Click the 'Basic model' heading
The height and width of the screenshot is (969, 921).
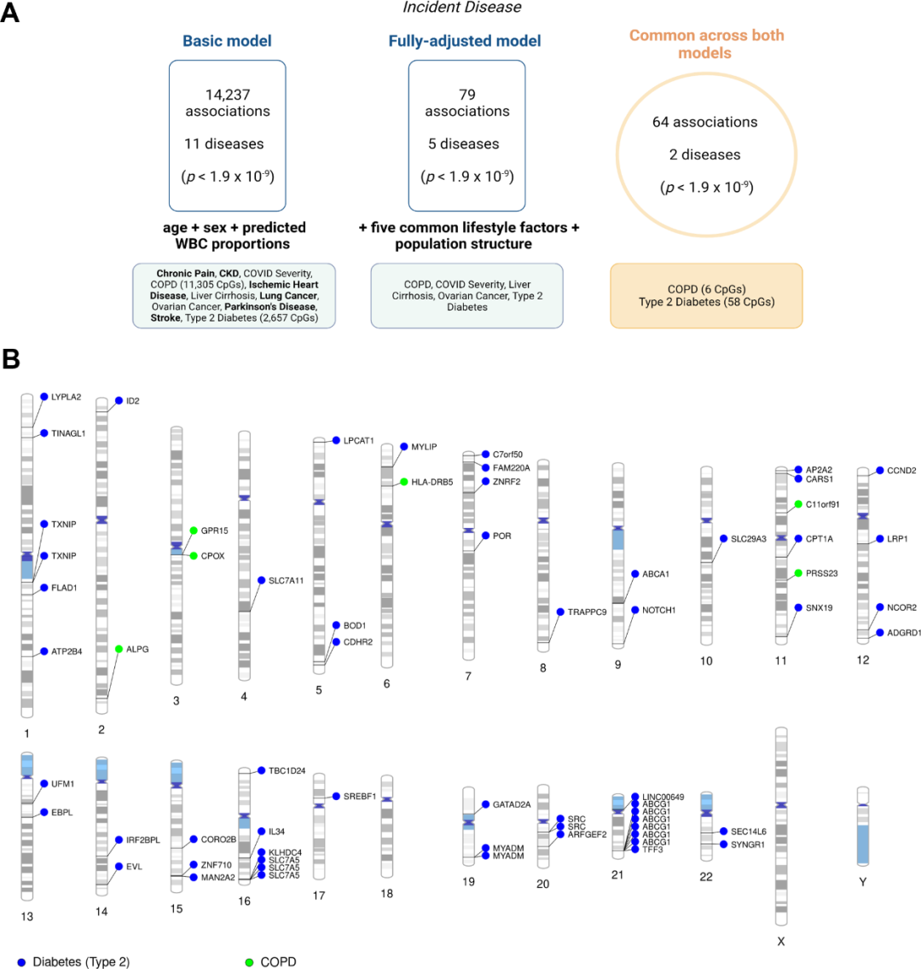[x=227, y=41]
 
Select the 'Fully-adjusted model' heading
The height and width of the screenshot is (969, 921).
[x=465, y=41]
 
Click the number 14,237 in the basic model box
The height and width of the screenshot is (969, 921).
[x=228, y=95]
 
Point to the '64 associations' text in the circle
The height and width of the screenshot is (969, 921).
[x=704, y=122]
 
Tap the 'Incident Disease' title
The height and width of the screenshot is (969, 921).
[x=462, y=8]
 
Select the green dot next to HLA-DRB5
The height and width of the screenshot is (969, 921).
[x=404, y=482]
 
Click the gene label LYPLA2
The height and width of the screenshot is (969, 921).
[x=67, y=397]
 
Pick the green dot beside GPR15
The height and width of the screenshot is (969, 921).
[x=194, y=531]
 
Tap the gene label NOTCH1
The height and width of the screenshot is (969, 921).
[x=658, y=610]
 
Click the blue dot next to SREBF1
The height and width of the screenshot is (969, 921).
[x=336, y=796]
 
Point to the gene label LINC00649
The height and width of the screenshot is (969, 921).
[x=663, y=797]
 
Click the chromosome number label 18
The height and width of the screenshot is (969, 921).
[x=387, y=894]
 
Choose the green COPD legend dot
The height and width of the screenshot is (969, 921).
[x=249, y=962]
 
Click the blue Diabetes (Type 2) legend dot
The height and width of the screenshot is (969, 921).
[x=21, y=962]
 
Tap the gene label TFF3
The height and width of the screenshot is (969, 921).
[x=652, y=850]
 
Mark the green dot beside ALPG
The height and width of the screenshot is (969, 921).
[x=119, y=649]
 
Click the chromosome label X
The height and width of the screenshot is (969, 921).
[x=780, y=941]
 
